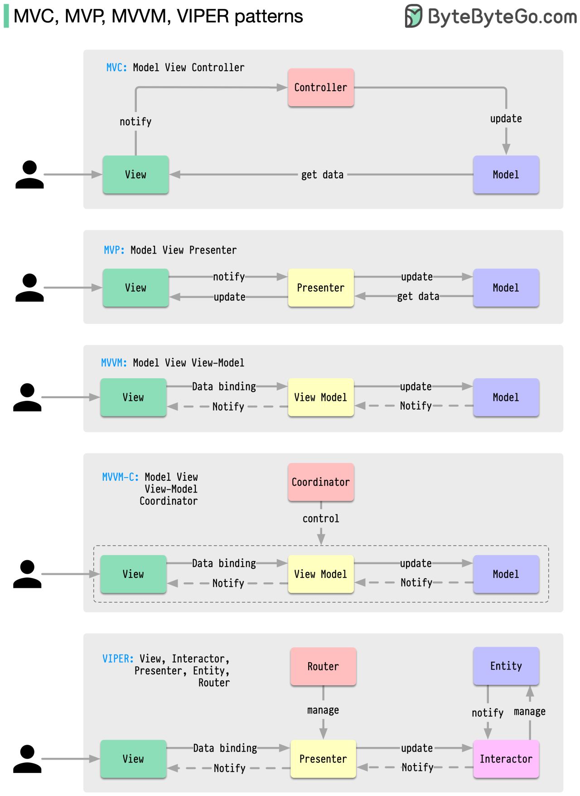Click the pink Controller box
pos(321,88)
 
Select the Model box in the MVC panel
pos(506,175)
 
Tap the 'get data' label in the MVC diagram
pos(322,175)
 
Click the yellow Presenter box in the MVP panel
pos(321,288)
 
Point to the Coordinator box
pos(321,482)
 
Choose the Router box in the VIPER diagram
pos(323,666)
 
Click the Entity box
pos(506,666)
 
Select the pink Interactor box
pos(506,759)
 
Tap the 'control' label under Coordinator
pos(321,518)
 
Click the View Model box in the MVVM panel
pos(321,397)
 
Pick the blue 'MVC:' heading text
pos(116,68)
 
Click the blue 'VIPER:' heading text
pos(118,659)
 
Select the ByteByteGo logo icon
pos(413,16)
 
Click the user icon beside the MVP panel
pos(29,288)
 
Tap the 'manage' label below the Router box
pos(323,710)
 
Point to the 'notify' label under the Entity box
pos(488,713)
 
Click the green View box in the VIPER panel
pos(133,759)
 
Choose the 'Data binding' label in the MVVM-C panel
pos(224,563)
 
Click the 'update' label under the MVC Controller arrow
pos(506,119)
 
